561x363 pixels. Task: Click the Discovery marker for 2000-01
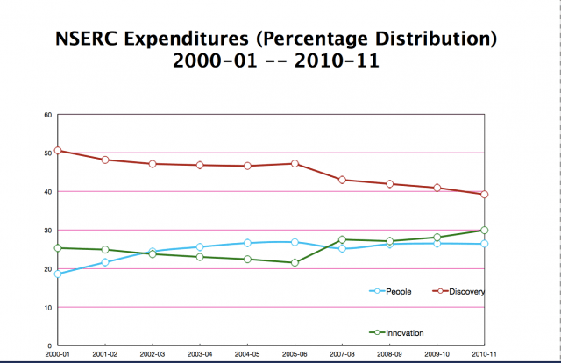click(58, 151)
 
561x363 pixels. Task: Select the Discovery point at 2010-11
click(484, 195)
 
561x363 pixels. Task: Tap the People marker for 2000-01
click(58, 274)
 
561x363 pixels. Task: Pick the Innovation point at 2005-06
click(295, 263)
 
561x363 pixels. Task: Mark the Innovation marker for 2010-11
click(484, 230)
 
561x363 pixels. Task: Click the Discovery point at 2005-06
click(295, 163)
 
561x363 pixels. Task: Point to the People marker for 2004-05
click(247, 243)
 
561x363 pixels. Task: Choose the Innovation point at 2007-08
click(342, 239)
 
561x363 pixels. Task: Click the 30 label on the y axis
click(48, 230)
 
